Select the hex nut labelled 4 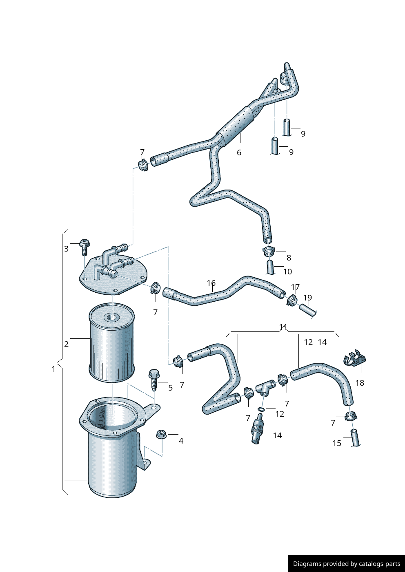pos(161,434)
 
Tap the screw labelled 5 pos(154,380)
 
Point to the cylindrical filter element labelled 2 pos(111,342)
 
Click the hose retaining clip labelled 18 pos(355,358)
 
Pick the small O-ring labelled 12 pos(261,409)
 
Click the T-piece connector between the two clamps pos(265,388)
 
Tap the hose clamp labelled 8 pos(269,251)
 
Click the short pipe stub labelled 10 pos(271,267)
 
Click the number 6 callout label pos(239,152)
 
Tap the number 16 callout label pos(211,283)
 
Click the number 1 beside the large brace pos(53,369)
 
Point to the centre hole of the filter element pos(112,318)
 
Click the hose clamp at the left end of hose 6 pos(143,165)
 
